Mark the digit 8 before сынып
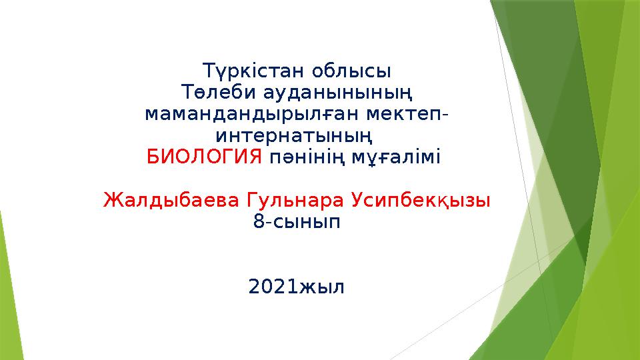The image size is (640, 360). coord(258,221)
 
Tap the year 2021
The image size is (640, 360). coord(273,287)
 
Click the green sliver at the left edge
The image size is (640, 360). coord(5,280)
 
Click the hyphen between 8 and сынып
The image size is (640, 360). coord(267,222)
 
